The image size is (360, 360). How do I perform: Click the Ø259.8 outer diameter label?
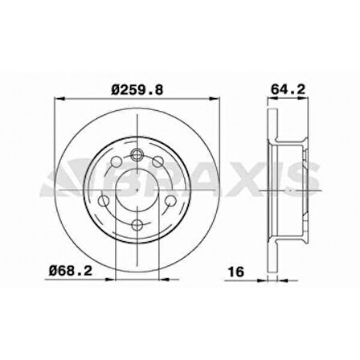[137, 90]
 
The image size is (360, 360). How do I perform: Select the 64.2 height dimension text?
[288, 89]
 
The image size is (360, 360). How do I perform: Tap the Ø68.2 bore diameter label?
[71, 271]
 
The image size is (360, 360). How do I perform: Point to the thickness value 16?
[236, 272]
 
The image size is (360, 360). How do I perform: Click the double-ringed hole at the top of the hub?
[137, 154]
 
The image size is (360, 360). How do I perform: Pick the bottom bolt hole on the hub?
[137, 224]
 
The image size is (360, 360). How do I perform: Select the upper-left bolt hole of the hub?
[117, 162]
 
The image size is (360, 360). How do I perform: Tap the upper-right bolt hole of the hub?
[157, 162]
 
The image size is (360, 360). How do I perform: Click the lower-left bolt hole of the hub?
[104, 201]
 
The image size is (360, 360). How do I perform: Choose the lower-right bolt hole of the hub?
[170, 201]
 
